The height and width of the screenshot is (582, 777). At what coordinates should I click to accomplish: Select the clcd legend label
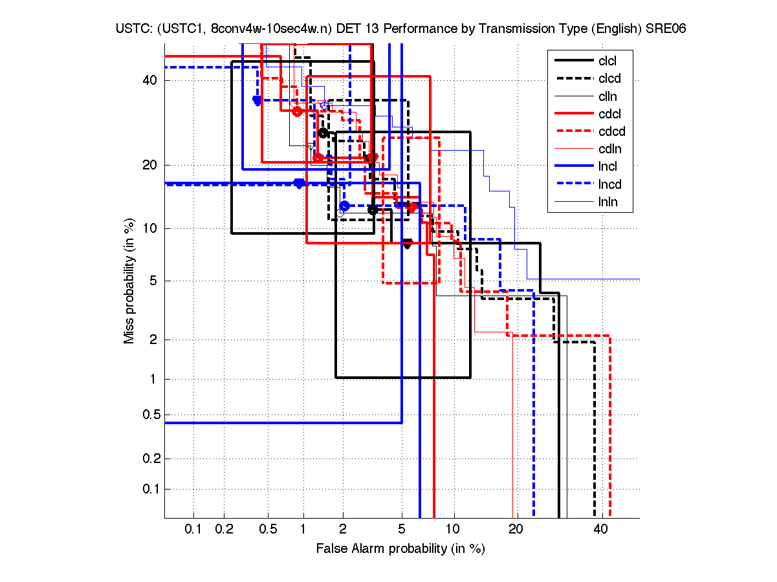click(608, 79)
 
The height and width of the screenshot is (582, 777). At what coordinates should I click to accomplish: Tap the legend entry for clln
click(607, 96)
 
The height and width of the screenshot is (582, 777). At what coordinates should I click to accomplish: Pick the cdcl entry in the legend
click(609, 114)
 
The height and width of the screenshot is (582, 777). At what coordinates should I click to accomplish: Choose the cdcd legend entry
click(610, 131)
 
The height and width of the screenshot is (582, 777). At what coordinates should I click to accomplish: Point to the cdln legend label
click(609, 149)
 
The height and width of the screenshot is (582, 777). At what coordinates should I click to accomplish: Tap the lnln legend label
click(607, 202)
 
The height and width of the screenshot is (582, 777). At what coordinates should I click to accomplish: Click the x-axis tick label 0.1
click(193, 529)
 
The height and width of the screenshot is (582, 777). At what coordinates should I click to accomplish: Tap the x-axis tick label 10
click(454, 529)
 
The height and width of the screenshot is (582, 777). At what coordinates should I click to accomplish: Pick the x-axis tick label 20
click(515, 529)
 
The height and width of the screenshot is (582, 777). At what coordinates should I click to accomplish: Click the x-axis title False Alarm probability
click(400, 549)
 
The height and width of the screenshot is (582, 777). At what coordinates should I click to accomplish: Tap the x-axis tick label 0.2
click(224, 529)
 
